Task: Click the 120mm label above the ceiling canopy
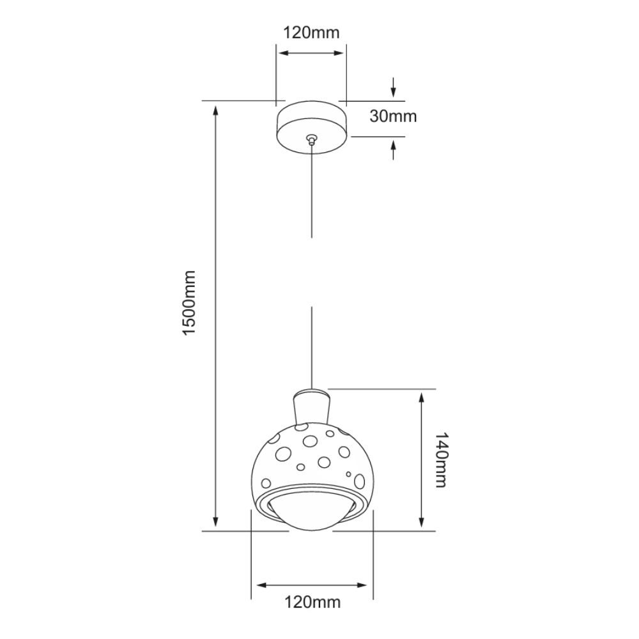(x=311, y=32)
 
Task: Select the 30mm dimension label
(x=393, y=116)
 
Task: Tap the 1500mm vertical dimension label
(x=190, y=302)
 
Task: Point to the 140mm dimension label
(x=441, y=459)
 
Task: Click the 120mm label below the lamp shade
(x=312, y=602)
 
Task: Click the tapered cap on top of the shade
(x=311, y=406)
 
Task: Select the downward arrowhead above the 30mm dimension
(x=393, y=93)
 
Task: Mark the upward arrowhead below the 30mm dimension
(x=393, y=144)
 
